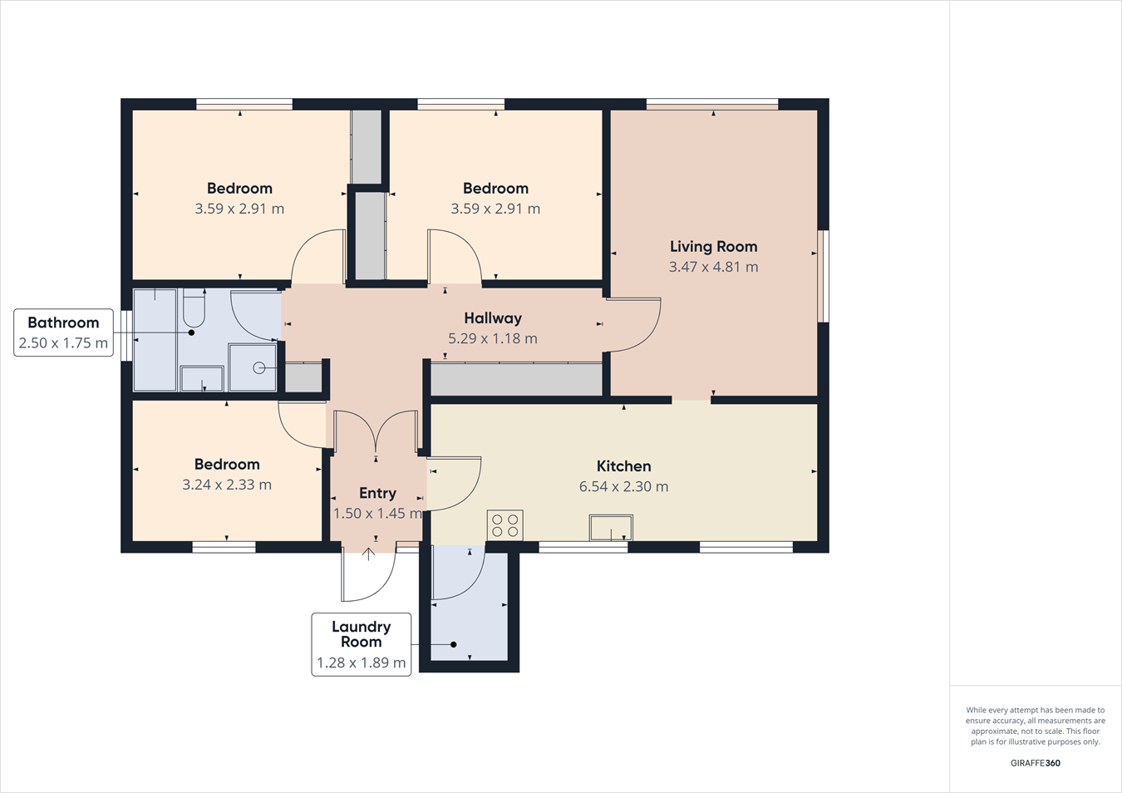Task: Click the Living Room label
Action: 713,246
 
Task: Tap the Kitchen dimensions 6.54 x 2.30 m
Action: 623,486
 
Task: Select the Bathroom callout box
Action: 63,332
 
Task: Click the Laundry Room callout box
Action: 361,644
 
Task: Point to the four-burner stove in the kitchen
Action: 504,525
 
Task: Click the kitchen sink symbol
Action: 611,527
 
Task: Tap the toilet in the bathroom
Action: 194,309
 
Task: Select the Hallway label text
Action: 493,318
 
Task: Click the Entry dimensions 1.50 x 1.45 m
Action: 376,513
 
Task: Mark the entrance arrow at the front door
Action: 368,554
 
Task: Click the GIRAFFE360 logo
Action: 1035,763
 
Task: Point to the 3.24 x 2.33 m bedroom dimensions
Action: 227,485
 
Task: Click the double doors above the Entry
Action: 376,432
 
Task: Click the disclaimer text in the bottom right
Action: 1035,726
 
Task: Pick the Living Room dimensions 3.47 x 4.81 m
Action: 713,267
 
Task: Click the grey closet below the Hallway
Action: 516,380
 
